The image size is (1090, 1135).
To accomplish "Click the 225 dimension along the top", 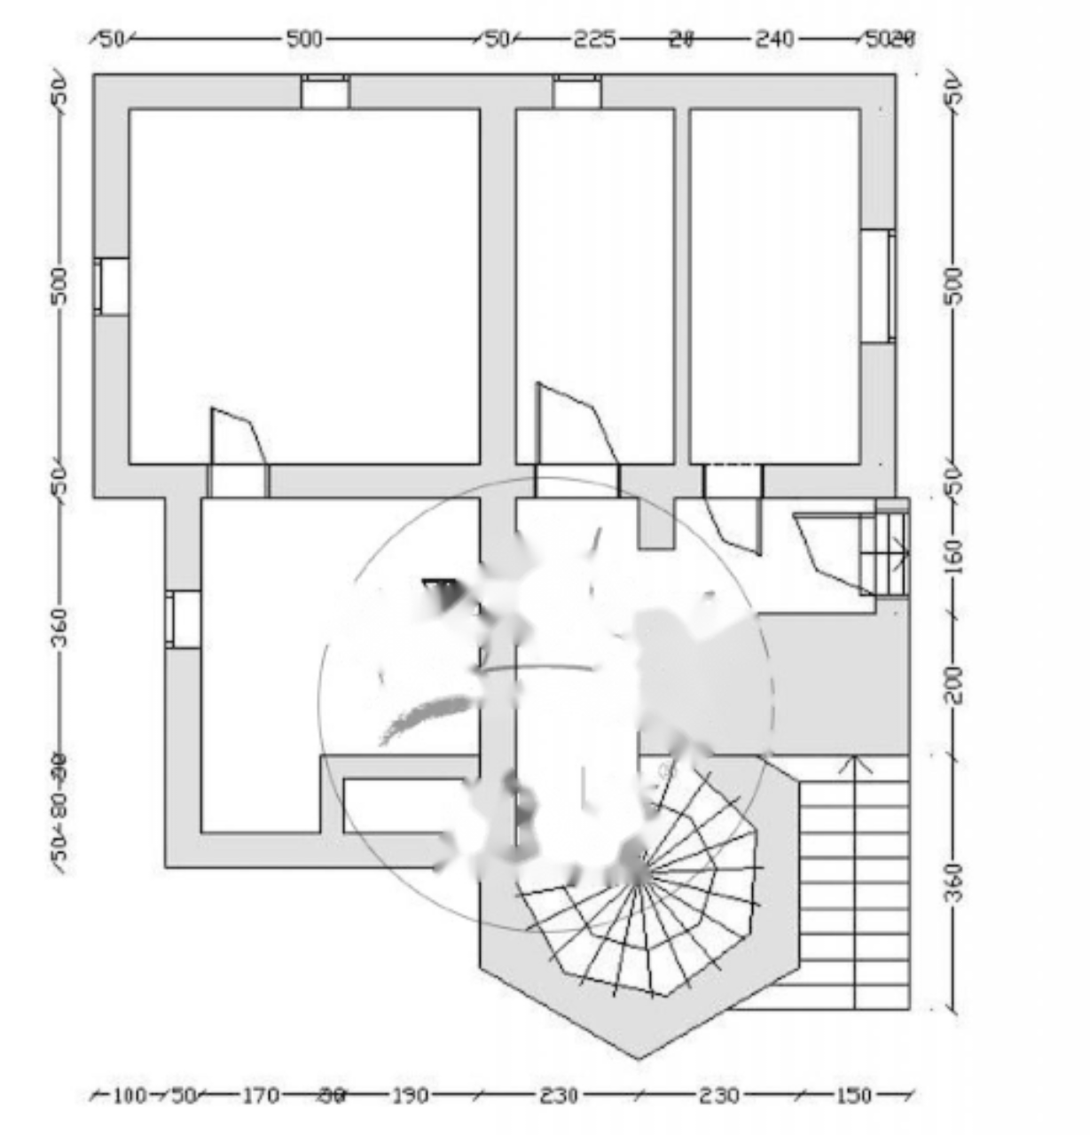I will (x=594, y=39).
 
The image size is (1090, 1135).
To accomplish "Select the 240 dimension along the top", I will (x=774, y=39).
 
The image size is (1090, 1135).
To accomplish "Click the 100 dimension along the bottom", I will (x=129, y=1096).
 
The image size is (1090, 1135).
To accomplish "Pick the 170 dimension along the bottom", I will (x=261, y=1096).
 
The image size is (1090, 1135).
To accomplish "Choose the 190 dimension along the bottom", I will (x=410, y=1096).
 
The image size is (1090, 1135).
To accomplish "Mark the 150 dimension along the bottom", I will (x=853, y=1096).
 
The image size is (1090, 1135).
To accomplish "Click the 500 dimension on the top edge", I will (x=304, y=39).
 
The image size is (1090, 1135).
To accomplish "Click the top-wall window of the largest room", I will (x=325, y=92).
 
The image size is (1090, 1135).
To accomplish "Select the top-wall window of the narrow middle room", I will (x=577, y=92).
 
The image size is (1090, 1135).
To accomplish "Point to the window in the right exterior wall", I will (x=877, y=286).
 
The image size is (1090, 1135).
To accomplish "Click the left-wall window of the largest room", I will (x=113, y=286).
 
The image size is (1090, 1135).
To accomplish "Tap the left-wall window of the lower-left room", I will (x=184, y=619).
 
